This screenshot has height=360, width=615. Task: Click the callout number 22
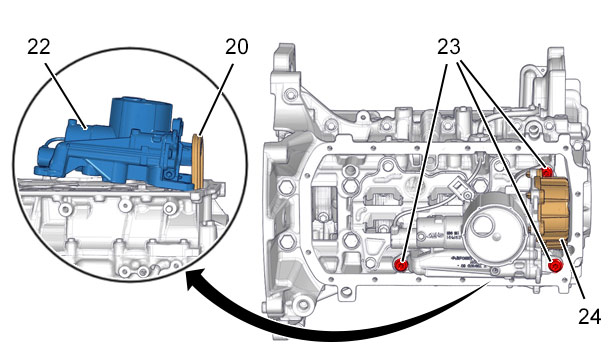point(39,47)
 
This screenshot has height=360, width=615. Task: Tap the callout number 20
point(237,47)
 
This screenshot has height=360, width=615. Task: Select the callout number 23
point(449,47)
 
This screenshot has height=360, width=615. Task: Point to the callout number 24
point(590,316)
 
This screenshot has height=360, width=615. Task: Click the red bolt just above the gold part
point(548,172)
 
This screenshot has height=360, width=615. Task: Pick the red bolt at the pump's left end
point(401,265)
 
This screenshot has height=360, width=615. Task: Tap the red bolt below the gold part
point(555,266)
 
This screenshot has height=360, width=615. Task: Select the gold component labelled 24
point(552,209)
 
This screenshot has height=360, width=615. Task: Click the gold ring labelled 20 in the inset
point(198,162)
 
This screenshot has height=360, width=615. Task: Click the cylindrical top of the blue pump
point(141,115)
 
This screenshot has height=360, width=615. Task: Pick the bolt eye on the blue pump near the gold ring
point(169,174)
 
